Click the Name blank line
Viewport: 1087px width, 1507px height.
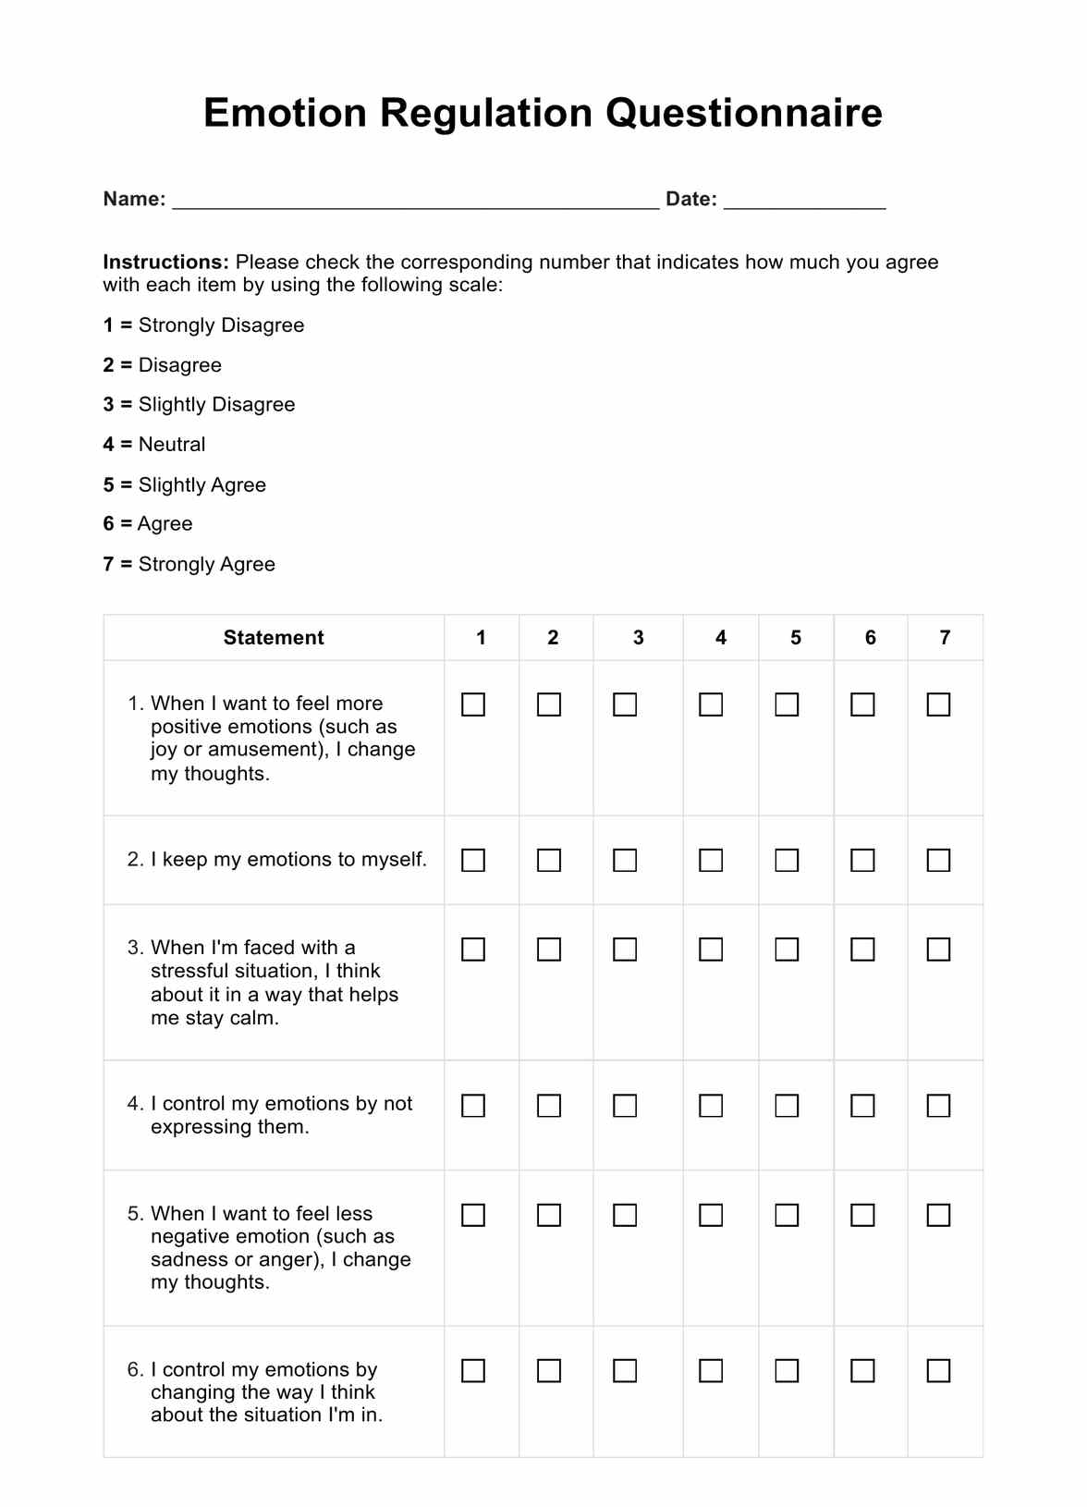(416, 202)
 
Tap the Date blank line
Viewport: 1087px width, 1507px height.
(804, 202)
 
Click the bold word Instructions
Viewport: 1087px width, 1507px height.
(165, 263)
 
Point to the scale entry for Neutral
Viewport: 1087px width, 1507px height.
(154, 445)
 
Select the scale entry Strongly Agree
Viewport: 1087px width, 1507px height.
(189, 564)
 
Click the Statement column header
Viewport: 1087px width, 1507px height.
(274, 638)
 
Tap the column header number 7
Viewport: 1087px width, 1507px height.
(945, 638)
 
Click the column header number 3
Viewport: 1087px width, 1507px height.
(638, 638)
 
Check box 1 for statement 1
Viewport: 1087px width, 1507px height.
(473, 704)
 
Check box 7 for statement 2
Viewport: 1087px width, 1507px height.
(938, 861)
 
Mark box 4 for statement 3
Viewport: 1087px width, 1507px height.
(711, 950)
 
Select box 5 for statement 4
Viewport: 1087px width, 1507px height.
(787, 1106)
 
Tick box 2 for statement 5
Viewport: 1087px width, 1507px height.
(549, 1215)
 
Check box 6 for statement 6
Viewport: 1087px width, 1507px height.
(862, 1370)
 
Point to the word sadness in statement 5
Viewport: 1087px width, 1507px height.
(185, 1260)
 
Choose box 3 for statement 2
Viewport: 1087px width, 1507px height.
(625, 861)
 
